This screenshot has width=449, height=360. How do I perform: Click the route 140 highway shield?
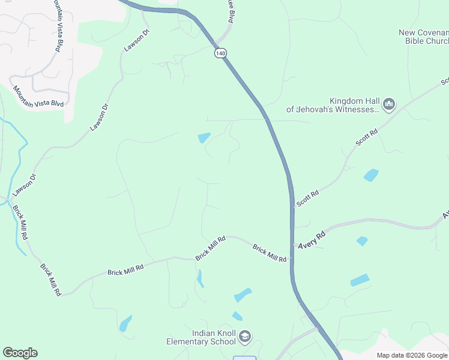click(x=221, y=53)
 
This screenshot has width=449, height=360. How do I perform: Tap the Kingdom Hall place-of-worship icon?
click(x=389, y=105)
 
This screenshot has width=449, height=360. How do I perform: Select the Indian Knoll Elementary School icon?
click(x=244, y=337)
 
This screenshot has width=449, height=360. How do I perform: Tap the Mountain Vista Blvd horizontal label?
click(x=38, y=96)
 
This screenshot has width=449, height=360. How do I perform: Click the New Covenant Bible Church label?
click(x=424, y=37)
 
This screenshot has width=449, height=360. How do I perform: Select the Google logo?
click(x=20, y=353)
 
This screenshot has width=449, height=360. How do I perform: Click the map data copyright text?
click(x=412, y=355)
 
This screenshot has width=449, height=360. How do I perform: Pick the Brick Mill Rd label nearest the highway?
click(x=269, y=253)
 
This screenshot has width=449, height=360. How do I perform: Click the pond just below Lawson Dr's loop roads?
click(x=204, y=137)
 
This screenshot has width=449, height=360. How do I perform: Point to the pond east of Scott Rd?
click(x=371, y=175)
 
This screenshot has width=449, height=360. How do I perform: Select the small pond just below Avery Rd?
click(x=362, y=241)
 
